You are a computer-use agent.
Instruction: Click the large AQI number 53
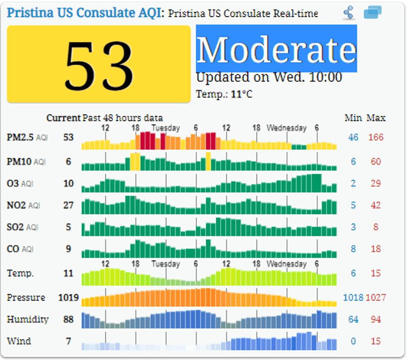99,64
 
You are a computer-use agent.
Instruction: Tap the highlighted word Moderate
276,49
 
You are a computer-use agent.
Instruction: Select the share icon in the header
348,13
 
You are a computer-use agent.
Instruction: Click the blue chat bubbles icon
372,13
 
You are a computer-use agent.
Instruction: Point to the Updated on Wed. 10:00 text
269,78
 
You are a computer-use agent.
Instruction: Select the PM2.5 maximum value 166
376,137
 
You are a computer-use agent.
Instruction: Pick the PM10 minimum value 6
353,161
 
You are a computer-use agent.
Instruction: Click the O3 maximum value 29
376,184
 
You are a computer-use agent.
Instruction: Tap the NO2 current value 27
68,205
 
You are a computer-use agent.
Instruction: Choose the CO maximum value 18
376,249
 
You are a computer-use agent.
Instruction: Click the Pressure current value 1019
68,298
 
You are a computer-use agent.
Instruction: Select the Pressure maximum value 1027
376,298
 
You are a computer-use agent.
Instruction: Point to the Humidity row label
28,320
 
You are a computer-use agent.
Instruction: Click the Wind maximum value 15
376,341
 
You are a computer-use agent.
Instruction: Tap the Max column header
376,118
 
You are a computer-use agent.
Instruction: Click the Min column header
353,118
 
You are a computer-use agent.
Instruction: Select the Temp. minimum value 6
353,274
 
